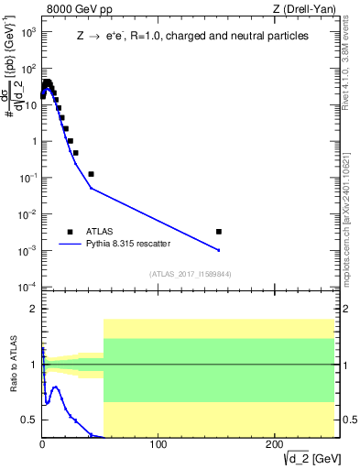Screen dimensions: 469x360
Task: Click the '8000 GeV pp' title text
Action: (78, 10)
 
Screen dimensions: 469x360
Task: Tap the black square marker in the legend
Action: (70, 232)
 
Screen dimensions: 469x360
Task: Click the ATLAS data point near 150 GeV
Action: (218, 232)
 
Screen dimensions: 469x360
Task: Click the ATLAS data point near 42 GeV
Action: (91, 174)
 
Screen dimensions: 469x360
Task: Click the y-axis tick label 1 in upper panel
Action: (32, 141)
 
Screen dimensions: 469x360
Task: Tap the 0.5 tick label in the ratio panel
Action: (29, 420)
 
